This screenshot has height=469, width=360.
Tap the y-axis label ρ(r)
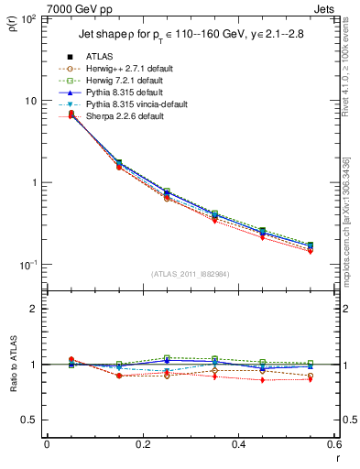pos(12,24)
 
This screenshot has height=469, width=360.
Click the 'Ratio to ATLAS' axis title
pos(12,364)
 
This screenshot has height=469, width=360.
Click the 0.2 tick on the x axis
pos(142,445)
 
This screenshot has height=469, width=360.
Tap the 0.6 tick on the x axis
pos(334,445)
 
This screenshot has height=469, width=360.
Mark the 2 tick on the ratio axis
pos(34,309)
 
